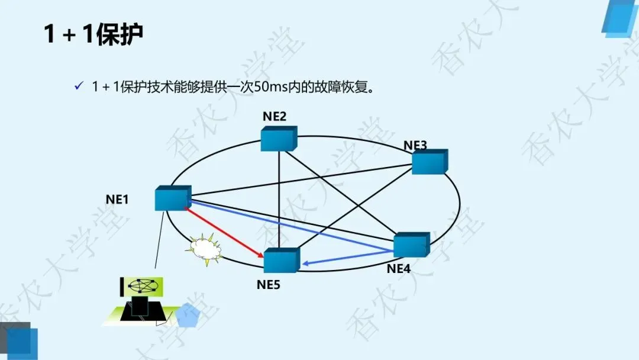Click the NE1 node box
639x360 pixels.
tap(172, 198)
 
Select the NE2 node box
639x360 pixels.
tap(278, 139)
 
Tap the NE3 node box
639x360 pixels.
tap(429, 161)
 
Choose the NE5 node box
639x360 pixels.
tap(281, 261)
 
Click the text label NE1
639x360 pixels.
tap(117, 200)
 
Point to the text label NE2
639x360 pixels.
tap(275, 117)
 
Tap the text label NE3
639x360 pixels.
tap(415, 145)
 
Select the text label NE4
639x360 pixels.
tap(399, 268)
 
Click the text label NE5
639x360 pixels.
tap(269, 285)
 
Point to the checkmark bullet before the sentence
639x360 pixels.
tap(78, 86)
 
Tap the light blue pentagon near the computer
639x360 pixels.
tap(188, 316)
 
